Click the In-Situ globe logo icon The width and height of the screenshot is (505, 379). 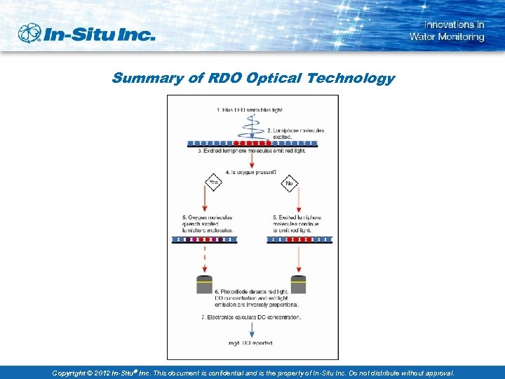29,34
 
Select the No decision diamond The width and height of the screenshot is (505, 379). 289,183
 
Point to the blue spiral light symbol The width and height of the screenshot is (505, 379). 251,127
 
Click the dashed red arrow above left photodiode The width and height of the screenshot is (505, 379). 206,259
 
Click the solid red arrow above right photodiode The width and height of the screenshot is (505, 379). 299,259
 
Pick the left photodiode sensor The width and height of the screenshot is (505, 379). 206,284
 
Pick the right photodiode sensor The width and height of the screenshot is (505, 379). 299,284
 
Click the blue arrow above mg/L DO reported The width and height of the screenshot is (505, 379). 251,332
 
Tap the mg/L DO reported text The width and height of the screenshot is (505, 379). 250,343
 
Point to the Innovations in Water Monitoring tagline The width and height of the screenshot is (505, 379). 447,31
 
